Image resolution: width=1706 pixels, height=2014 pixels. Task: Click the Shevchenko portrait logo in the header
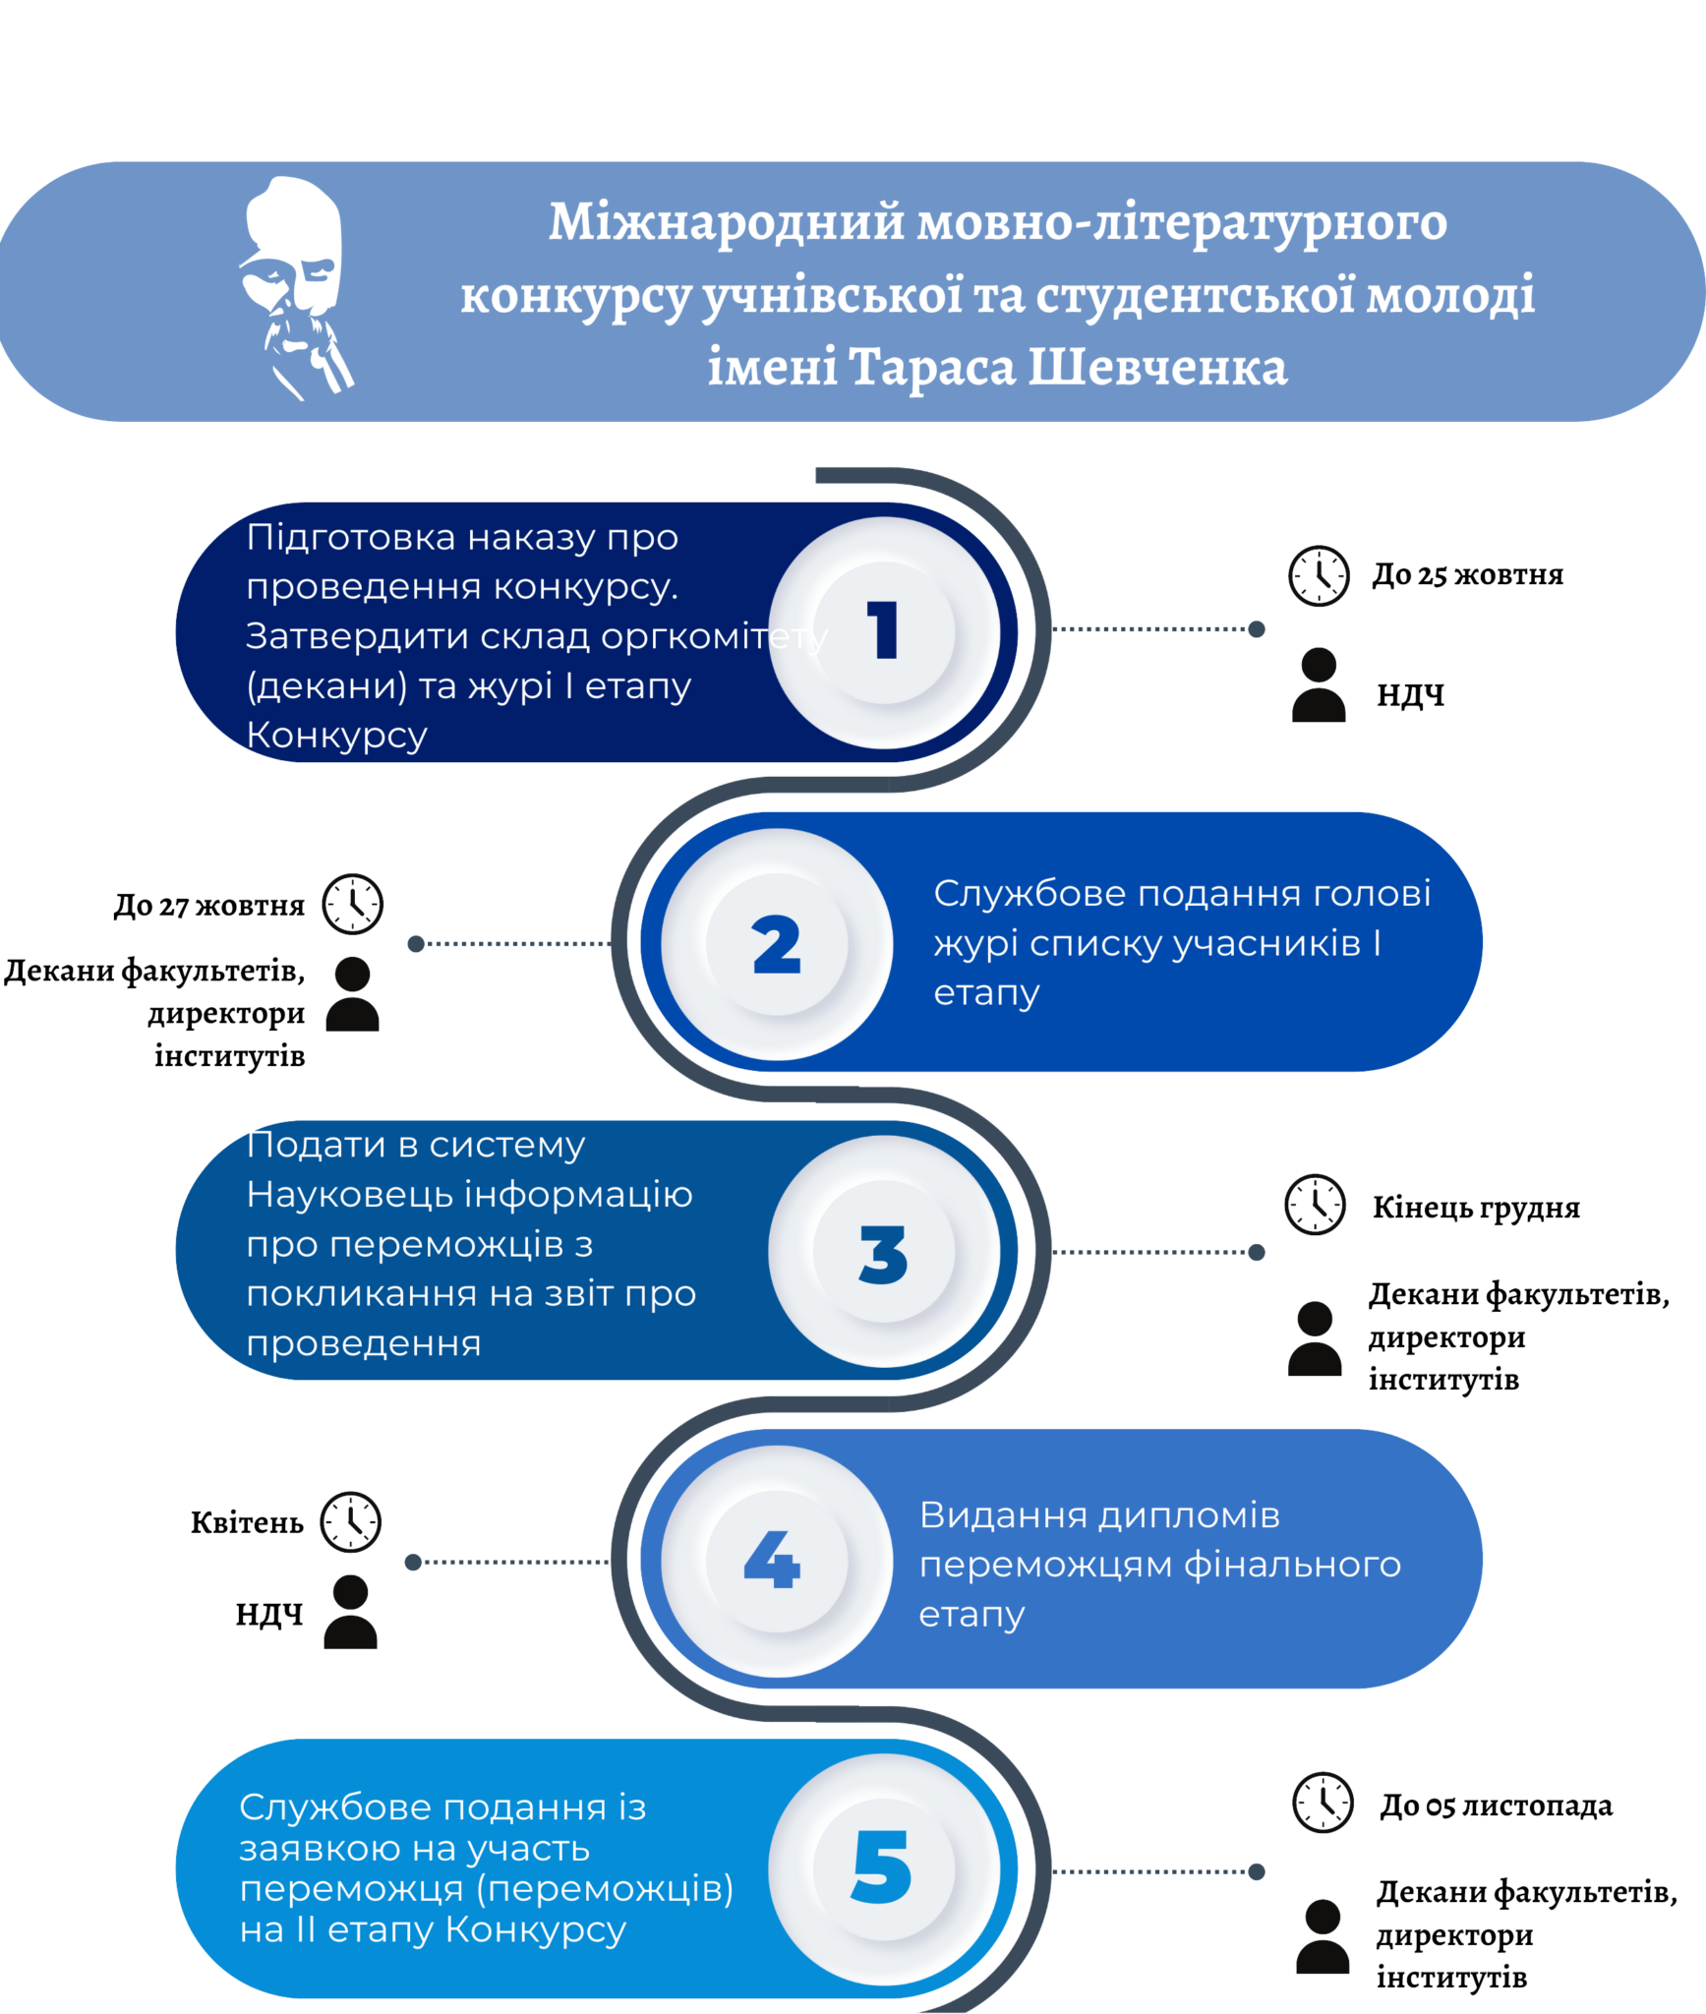[296, 288]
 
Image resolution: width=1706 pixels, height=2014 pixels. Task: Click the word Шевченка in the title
[1157, 367]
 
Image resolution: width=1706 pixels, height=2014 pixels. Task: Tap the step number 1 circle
[884, 632]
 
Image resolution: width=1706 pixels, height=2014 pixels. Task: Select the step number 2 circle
[777, 944]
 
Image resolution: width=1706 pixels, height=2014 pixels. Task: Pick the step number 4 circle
[777, 1562]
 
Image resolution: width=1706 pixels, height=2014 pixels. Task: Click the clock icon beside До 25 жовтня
[1319, 575]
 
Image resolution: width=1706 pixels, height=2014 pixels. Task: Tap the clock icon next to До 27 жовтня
[353, 904]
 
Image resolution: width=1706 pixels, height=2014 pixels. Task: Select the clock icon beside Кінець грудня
[1315, 1204]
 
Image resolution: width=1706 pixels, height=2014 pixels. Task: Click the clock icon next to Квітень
[351, 1522]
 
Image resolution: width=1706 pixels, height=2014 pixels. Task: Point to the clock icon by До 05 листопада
[1323, 1803]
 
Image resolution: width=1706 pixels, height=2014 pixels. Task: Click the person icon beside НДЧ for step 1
[1319, 685]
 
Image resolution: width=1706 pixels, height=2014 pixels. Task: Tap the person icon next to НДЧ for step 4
[351, 1612]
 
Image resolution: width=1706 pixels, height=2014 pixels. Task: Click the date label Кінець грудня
[1476, 1208]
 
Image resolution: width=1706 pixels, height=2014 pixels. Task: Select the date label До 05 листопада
[1496, 1806]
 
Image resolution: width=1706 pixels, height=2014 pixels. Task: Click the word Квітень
[247, 1522]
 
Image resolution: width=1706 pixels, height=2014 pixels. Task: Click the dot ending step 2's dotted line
[416, 944]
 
